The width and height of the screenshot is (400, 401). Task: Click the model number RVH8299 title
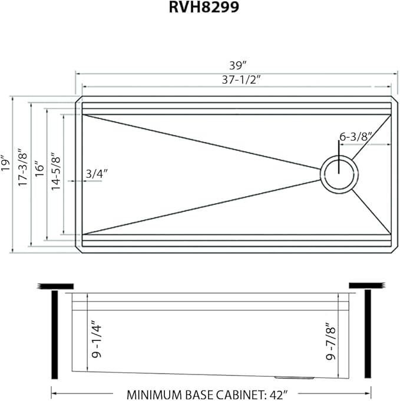point(200,9)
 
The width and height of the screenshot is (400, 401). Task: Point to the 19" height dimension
point(5,163)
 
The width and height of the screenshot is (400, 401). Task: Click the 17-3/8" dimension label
point(22,168)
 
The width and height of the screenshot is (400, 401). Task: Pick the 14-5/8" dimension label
point(56,171)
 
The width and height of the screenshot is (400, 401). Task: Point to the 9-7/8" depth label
point(332,342)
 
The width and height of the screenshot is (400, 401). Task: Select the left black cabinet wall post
point(54,334)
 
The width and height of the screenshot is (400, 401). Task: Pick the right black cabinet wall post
point(368,334)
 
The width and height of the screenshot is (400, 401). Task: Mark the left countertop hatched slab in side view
point(47,286)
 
